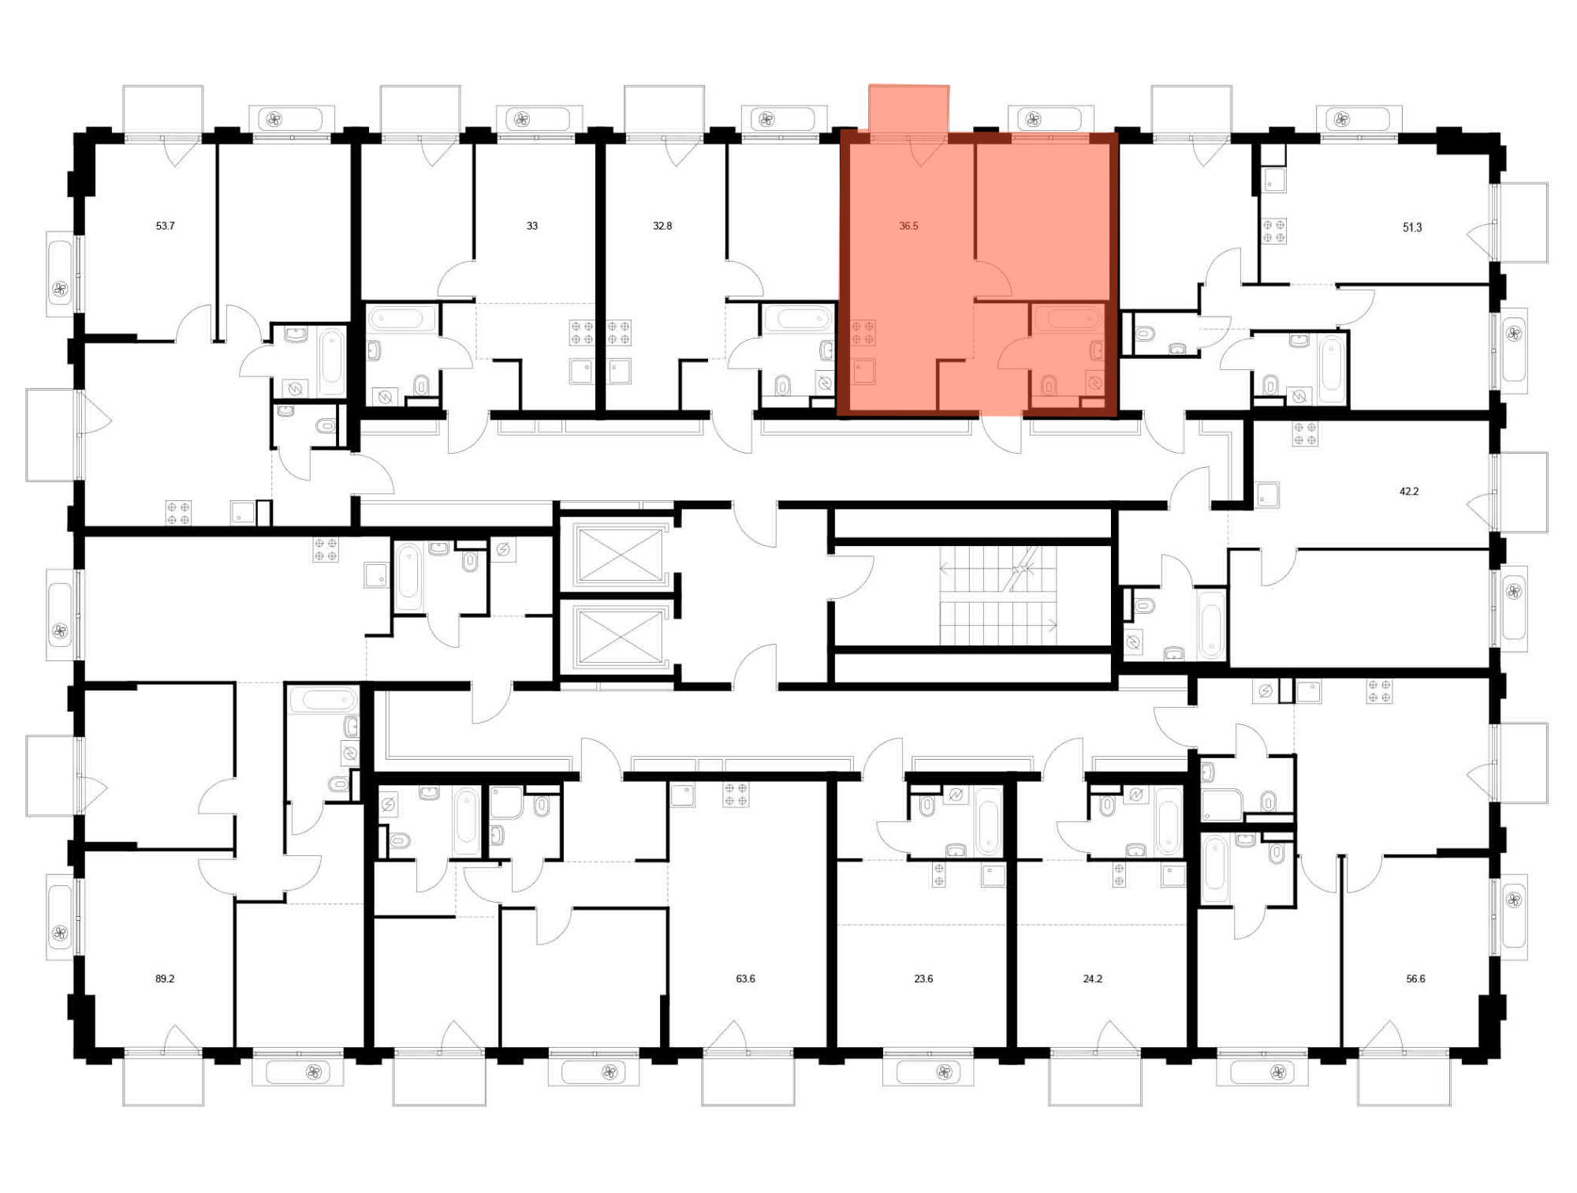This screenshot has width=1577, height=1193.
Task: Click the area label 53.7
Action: [165, 226]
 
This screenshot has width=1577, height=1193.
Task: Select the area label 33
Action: [532, 226]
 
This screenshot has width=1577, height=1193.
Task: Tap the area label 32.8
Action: [662, 226]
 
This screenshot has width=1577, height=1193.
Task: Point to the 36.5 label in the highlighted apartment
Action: [908, 226]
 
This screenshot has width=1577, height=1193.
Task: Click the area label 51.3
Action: [1412, 227]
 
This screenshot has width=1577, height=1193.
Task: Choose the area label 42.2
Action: [1409, 491]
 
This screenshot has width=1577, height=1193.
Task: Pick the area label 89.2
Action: [165, 978]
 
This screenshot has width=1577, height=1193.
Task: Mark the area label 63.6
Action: [745, 978]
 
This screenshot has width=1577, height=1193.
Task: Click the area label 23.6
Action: [923, 978]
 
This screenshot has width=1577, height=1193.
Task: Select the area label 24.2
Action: [1092, 978]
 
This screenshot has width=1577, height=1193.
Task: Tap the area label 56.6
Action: [1415, 978]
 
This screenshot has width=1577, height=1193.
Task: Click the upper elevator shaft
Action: [620, 555]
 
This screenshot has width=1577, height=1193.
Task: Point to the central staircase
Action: [997, 596]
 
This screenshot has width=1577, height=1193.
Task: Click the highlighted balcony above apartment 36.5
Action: [909, 109]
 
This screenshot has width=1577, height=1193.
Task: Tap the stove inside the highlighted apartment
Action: [863, 332]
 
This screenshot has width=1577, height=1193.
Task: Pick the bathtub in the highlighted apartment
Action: [1069, 319]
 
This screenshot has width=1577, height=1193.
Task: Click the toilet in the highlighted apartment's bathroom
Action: [1049, 385]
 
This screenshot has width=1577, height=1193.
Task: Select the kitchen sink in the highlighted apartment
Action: [863, 371]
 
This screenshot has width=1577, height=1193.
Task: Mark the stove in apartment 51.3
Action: [1273, 231]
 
